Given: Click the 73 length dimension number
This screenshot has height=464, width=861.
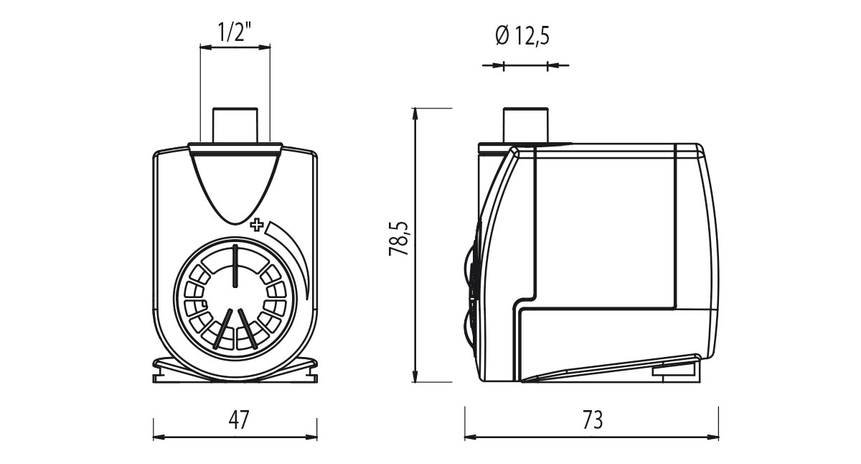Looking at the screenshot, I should [593, 419].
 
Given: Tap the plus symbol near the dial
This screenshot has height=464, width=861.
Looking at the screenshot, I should [256, 225].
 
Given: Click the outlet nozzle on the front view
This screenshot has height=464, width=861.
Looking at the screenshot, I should [235, 124].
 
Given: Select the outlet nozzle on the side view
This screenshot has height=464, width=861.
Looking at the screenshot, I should [525, 124].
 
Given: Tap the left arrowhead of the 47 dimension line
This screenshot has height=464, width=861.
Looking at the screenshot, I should [158, 436].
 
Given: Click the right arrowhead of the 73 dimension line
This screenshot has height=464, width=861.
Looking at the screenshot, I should [714, 436].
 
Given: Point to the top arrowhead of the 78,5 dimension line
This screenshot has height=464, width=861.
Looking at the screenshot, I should [415, 113].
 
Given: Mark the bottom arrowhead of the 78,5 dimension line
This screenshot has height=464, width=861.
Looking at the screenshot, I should [415, 377].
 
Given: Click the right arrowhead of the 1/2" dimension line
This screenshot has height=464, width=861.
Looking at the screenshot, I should [266, 47].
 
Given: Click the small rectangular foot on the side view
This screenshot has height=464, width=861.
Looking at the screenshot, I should [674, 370].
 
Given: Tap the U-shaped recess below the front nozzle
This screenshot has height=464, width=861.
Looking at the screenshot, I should [235, 187].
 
